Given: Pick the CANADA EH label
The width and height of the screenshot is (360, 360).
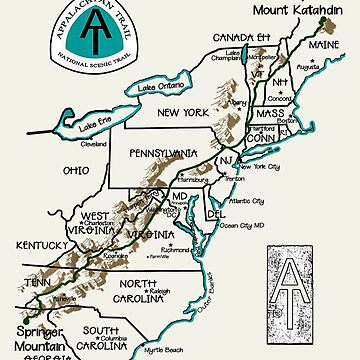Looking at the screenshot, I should pyautogui.click(x=243, y=40).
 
